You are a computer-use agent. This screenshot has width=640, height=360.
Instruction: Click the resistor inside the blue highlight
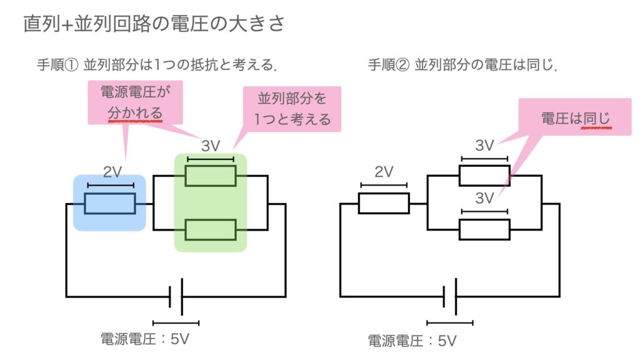(x=110, y=203)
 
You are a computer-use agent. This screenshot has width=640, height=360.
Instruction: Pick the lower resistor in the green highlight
(x=211, y=230)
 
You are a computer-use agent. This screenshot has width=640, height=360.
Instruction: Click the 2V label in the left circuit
(x=111, y=172)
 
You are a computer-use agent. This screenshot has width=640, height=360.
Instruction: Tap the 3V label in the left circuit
(x=211, y=146)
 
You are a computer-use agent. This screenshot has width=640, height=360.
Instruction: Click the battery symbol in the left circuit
(x=176, y=296)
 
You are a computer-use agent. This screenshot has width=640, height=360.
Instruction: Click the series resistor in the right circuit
(x=383, y=203)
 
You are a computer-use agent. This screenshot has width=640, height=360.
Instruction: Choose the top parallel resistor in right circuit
(x=484, y=176)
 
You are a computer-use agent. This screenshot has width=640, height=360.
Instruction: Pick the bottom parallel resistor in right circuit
(x=484, y=229)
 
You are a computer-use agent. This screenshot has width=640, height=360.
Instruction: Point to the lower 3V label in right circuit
(x=484, y=199)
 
